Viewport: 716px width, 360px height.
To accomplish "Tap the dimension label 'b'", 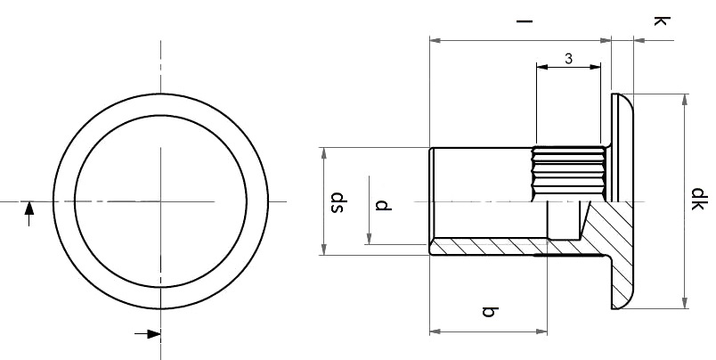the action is (490, 312).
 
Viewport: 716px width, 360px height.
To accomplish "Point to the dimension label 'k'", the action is (662, 20).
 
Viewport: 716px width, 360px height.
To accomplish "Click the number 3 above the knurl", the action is (568, 59).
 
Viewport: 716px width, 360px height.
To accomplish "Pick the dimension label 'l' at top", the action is (525, 21).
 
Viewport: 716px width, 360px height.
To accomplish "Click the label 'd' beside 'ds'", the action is (383, 205).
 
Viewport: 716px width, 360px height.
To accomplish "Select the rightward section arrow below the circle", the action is (148, 334).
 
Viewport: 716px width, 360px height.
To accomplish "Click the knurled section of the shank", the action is (569, 174).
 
